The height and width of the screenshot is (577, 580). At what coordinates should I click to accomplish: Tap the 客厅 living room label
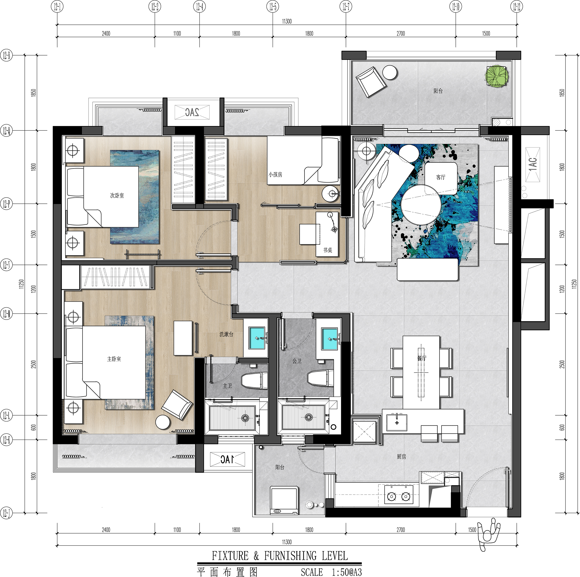[x=441, y=177]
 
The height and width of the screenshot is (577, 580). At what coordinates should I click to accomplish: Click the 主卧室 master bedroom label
[x=114, y=359]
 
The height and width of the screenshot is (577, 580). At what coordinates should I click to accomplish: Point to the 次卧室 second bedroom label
[x=117, y=196]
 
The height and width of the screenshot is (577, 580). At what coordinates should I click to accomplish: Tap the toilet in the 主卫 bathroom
[x=254, y=380]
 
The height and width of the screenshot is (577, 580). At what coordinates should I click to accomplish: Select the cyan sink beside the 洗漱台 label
[x=257, y=338]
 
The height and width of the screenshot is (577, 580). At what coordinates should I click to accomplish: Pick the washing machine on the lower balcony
[x=284, y=501]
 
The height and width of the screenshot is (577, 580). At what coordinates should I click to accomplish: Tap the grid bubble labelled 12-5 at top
[x=273, y=7]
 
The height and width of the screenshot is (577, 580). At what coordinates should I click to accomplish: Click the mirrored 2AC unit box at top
[x=192, y=112]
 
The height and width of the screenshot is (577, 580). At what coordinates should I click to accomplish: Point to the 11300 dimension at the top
[x=287, y=21]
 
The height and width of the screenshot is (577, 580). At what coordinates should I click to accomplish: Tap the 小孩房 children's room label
[x=275, y=174]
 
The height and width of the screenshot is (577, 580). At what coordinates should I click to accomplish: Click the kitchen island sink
[x=397, y=422]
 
